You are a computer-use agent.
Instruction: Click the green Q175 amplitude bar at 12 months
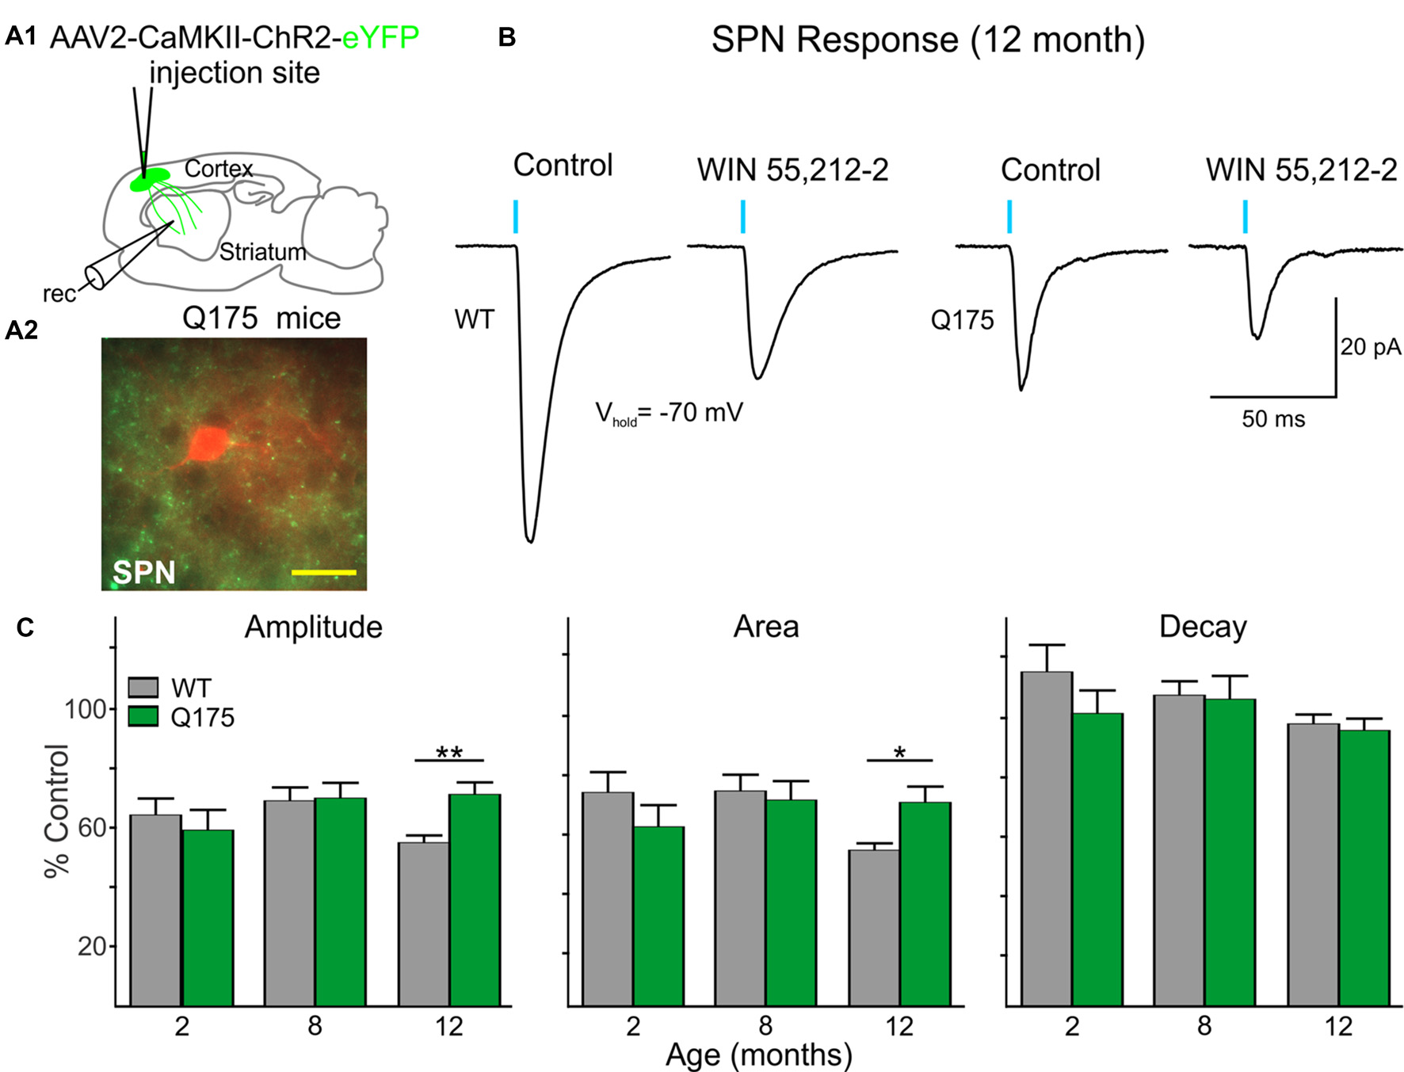(x=475, y=899)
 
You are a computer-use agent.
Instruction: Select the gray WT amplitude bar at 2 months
(x=155, y=910)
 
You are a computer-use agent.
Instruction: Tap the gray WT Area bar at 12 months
(x=874, y=927)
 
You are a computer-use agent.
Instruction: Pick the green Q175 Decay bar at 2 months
(x=1097, y=859)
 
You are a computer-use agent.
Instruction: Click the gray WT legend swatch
(x=143, y=687)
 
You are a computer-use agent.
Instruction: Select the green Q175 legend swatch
(x=143, y=716)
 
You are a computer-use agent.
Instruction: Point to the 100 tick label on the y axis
(x=85, y=709)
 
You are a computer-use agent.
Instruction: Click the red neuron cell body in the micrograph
(x=208, y=445)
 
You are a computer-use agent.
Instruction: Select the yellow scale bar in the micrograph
(x=323, y=571)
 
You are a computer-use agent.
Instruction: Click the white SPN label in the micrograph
(x=143, y=571)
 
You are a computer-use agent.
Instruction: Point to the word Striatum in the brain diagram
(x=262, y=252)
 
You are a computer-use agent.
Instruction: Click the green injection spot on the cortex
(x=149, y=179)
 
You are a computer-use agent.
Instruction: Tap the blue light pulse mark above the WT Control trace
(x=516, y=216)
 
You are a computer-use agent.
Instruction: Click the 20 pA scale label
(x=1370, y=346)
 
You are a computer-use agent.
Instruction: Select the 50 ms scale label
(x=1272, y=418)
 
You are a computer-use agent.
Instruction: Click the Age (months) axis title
(x=758, y=1055)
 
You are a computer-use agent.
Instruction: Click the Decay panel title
(x=1202, y=627)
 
